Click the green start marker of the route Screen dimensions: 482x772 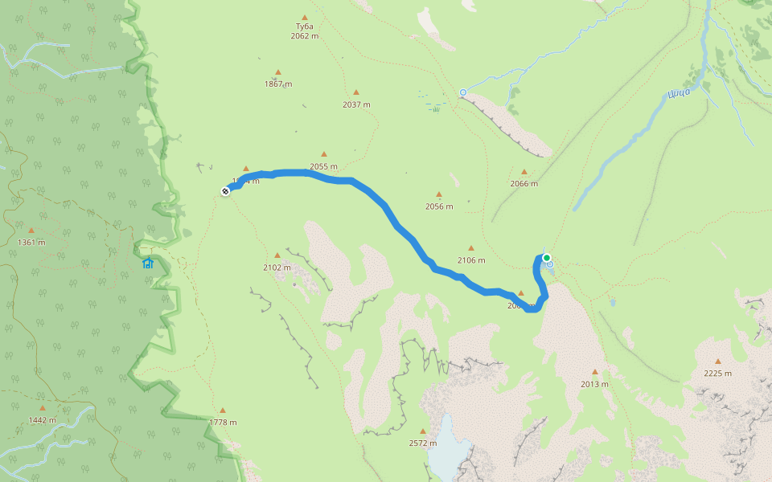(547, 258)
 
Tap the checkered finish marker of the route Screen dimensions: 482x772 (226, 190)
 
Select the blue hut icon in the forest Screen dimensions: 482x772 (147, 263)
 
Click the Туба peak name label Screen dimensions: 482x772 (304, 27)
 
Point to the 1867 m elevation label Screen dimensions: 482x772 (278, 84)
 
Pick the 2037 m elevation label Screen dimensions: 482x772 (356, 104)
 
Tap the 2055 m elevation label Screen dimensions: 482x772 (323, 167)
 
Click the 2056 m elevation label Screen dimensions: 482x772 (439, 206)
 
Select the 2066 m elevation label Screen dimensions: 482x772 (524, 184)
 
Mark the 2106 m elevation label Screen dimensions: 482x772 (471, 260)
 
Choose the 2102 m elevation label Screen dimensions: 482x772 (277, 268)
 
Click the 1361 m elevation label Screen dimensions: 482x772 (31, 243)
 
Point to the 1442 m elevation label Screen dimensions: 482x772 (42, 420)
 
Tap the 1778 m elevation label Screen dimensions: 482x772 (223, 423)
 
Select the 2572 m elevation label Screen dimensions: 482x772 (422, 443)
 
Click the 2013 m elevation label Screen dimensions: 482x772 (594, 384)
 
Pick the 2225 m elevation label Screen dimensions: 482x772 (717, 373)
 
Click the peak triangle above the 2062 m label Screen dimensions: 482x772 (305, 17)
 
